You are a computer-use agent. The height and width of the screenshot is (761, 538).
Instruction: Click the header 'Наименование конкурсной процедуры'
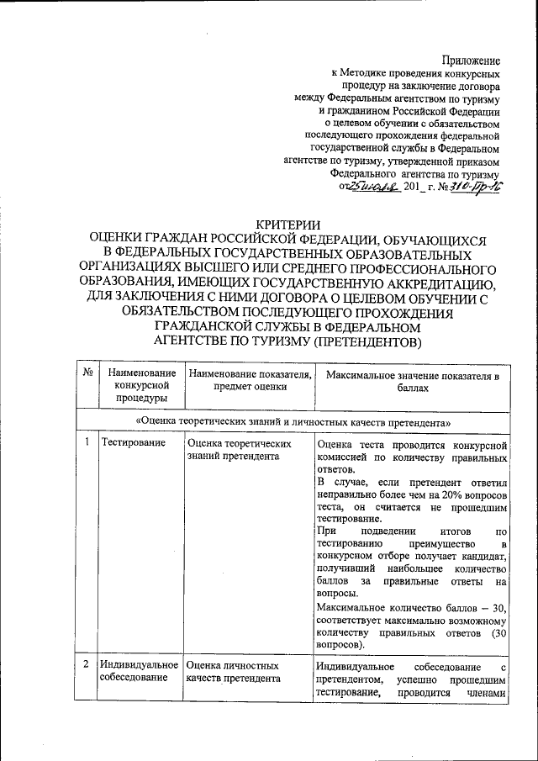click(137, 385)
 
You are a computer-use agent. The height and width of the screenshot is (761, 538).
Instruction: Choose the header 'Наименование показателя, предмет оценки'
click(250, 380)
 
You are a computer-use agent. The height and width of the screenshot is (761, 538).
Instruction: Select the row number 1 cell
click(87, 443)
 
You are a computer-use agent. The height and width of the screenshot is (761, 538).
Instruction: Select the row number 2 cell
click(87, 666)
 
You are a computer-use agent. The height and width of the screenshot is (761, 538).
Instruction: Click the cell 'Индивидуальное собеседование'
click(137, 672)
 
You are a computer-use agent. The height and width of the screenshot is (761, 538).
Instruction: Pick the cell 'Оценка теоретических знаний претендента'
click(240, 449)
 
